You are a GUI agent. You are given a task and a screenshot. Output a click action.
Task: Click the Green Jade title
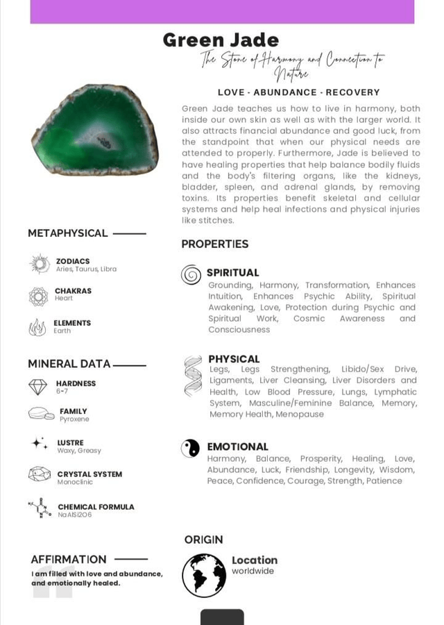click(x=221, y=40)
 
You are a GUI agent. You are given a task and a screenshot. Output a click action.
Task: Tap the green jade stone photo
click(x=95, y=130)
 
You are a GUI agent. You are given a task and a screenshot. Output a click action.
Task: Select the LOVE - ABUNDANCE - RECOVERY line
click(x=298, y=92)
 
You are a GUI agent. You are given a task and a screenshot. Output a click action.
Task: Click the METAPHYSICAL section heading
click(x=68, y=233)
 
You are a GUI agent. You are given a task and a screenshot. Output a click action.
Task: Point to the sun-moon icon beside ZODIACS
click(x=39, y=264)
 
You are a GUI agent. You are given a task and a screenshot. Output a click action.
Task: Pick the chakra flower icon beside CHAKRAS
click(x=38, y=296)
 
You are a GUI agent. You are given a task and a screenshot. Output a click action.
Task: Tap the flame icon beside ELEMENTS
click(x=37, y=327)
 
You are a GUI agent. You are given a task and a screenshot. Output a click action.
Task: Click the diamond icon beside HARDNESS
click(x=38, y=387)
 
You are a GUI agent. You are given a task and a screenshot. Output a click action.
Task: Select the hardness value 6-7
click(x=62, y=392)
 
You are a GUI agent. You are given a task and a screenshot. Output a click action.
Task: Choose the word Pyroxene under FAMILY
click(x=74, y=419)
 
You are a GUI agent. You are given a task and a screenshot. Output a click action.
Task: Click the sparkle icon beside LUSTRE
click(x=40, y=443)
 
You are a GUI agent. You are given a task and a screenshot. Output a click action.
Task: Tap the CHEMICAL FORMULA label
click(x=96, y=507)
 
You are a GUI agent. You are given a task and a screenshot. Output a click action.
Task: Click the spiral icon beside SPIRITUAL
click(x=191, y=275)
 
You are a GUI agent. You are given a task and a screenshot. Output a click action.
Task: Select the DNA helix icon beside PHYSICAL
click(x=192, y=376)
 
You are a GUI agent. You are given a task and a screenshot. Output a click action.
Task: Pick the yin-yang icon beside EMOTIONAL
click(x=190, y=448)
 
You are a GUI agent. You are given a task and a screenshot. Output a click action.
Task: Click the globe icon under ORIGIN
click(x=204, y=575)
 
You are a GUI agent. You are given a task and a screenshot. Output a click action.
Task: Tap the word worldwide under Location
click(x=253, y=572)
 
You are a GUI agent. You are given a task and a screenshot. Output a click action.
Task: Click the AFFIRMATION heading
click(x=69, y=559)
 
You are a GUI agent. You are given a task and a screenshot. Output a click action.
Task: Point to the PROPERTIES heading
click(x=214, y=244)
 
